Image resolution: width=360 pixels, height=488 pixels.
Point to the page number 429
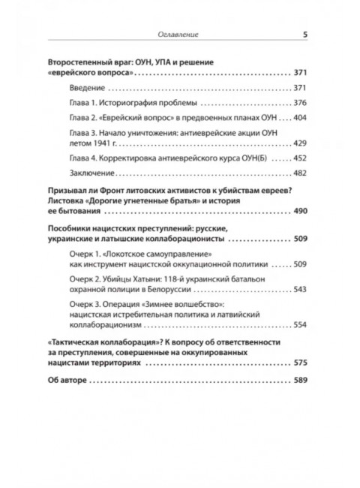pos(300,143)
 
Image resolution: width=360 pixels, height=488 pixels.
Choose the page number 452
pos(300,158)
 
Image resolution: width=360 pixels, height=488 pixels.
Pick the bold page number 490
pos(300,211)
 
